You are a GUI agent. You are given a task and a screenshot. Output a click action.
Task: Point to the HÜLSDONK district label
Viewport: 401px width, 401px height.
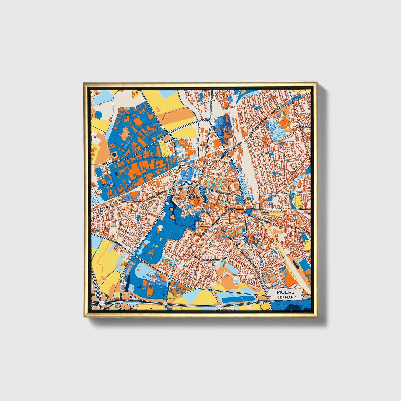(x=108, y=185)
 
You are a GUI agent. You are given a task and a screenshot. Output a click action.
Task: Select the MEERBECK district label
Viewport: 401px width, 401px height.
(x=302, y=126)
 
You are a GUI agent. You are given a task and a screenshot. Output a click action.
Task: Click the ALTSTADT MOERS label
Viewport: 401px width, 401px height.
(x=192, y=196)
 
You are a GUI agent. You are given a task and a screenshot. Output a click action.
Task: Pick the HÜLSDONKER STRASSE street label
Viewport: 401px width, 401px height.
(x=158, y=195)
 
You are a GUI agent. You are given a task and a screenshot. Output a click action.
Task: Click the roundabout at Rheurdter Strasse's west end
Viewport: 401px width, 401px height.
(x=107, y=164)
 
